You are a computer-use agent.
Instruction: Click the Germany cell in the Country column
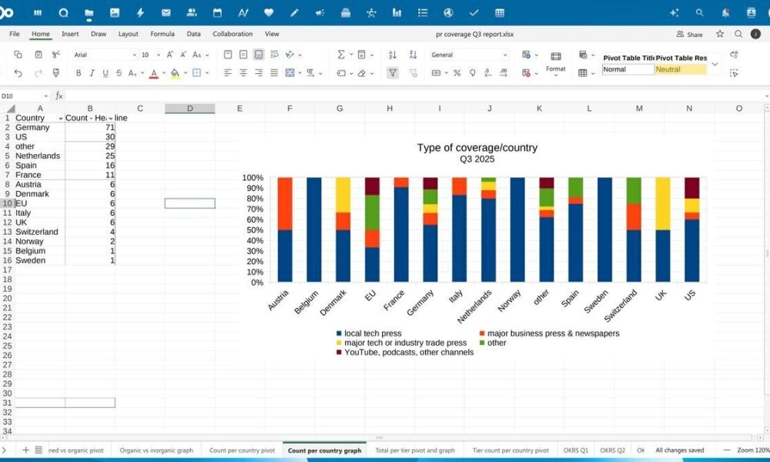(32, 127)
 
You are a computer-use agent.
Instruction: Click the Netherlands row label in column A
(38, 156)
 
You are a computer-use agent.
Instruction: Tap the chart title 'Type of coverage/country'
(477, 148)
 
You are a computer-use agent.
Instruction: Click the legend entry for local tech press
(372, 333)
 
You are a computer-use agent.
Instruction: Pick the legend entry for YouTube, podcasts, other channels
(408, 352)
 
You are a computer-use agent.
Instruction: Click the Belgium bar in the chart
(314, 229)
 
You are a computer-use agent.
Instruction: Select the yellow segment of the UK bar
(662, 203)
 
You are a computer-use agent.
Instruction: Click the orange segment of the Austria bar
(285, 203)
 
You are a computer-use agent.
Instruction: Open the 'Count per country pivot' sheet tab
(242, 450)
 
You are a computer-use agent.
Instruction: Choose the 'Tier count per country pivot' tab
(511, 450)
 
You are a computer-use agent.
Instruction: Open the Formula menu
(162, 34)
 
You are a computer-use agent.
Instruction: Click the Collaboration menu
(233, 34)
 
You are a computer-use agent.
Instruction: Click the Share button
(690, 34)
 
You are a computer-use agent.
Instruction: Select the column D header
(189, 109)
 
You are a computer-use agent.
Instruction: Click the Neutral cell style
(681, 69)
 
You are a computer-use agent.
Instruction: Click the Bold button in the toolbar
(79, 73)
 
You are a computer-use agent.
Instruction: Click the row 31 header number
(7, 403)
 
